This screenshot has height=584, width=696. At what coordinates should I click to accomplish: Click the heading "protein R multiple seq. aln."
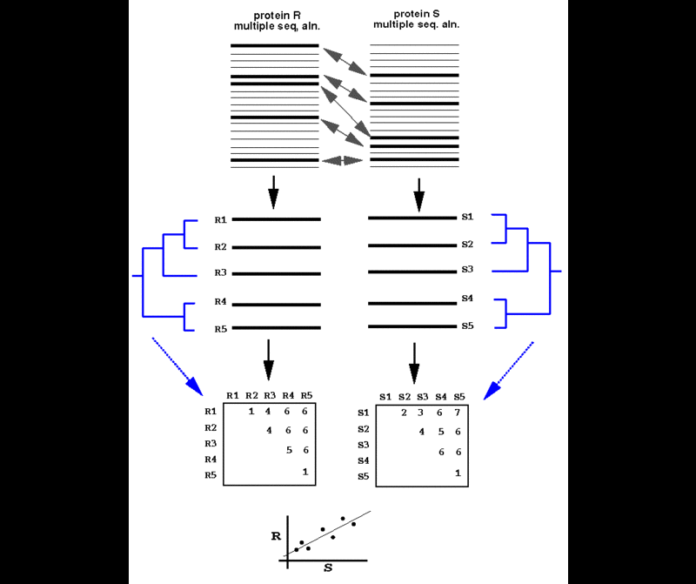[277, 20]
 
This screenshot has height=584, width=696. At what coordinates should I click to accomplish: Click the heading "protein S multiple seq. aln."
[417, 19]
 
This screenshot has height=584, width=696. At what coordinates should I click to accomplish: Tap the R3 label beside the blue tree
[221, 273]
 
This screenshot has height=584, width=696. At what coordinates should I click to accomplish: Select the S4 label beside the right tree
[467, 299]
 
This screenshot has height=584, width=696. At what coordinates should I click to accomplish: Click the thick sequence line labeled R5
[277, 328]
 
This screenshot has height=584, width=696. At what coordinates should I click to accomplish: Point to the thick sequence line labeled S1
[412, 218]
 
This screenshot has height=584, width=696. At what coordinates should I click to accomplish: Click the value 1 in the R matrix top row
[251, 411]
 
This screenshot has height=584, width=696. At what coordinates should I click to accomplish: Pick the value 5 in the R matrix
[287, 450]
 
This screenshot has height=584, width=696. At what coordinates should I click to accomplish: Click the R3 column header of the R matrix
[269, 396]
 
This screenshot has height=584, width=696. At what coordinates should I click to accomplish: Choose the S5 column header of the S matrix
[459, 397]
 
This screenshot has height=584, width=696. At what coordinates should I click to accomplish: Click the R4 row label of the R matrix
[210, 459]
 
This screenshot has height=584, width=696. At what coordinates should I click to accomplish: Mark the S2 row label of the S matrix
[364, 430]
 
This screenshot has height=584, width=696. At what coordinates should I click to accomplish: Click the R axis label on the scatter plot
[276, 536]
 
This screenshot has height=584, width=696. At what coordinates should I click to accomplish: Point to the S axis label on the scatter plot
[328, 567]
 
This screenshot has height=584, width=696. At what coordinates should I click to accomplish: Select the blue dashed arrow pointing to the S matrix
[510, 369]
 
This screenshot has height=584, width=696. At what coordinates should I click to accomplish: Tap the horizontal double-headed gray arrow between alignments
[342, 161]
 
